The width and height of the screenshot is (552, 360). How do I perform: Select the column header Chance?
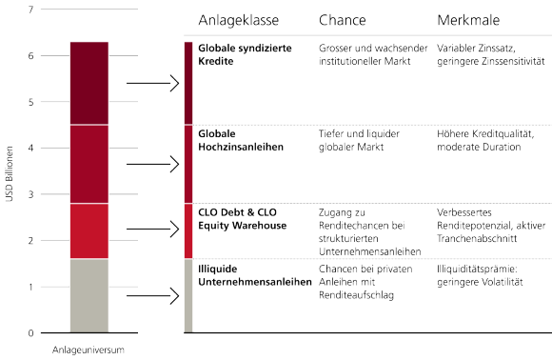(342, 21)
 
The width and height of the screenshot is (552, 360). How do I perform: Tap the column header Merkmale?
(467, 21)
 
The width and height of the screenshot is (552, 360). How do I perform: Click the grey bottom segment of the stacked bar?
(89, 295)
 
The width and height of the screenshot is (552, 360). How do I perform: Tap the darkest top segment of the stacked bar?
(89, 83)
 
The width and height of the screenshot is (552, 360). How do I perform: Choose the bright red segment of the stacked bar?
(89, 230)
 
